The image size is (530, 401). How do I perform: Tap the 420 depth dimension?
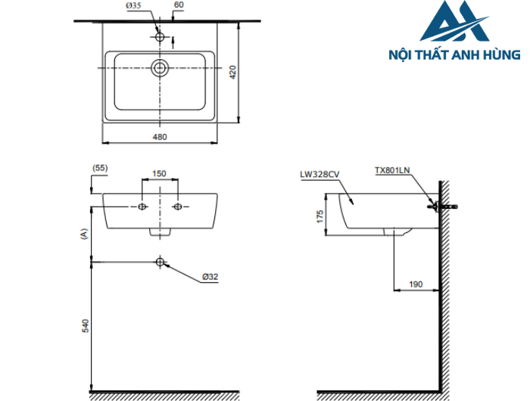(x=234, y=73)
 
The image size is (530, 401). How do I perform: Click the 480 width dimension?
(x=160, y=137)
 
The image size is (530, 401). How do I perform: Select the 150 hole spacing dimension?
(x=160, y=173)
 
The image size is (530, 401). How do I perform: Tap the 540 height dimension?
(x=85, y=325)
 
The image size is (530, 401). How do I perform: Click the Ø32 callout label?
(x=210, y=278)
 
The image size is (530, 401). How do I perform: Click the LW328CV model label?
(x=319, y=173)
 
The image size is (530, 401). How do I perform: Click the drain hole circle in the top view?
(x=160, y=67)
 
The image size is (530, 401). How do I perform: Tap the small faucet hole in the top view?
(x=160, y=36)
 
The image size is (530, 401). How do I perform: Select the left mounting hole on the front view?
(x=142, y=207)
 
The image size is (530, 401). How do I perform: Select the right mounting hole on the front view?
(x=178, y=207)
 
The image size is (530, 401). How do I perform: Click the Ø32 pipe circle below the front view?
(x=160, y=262)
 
